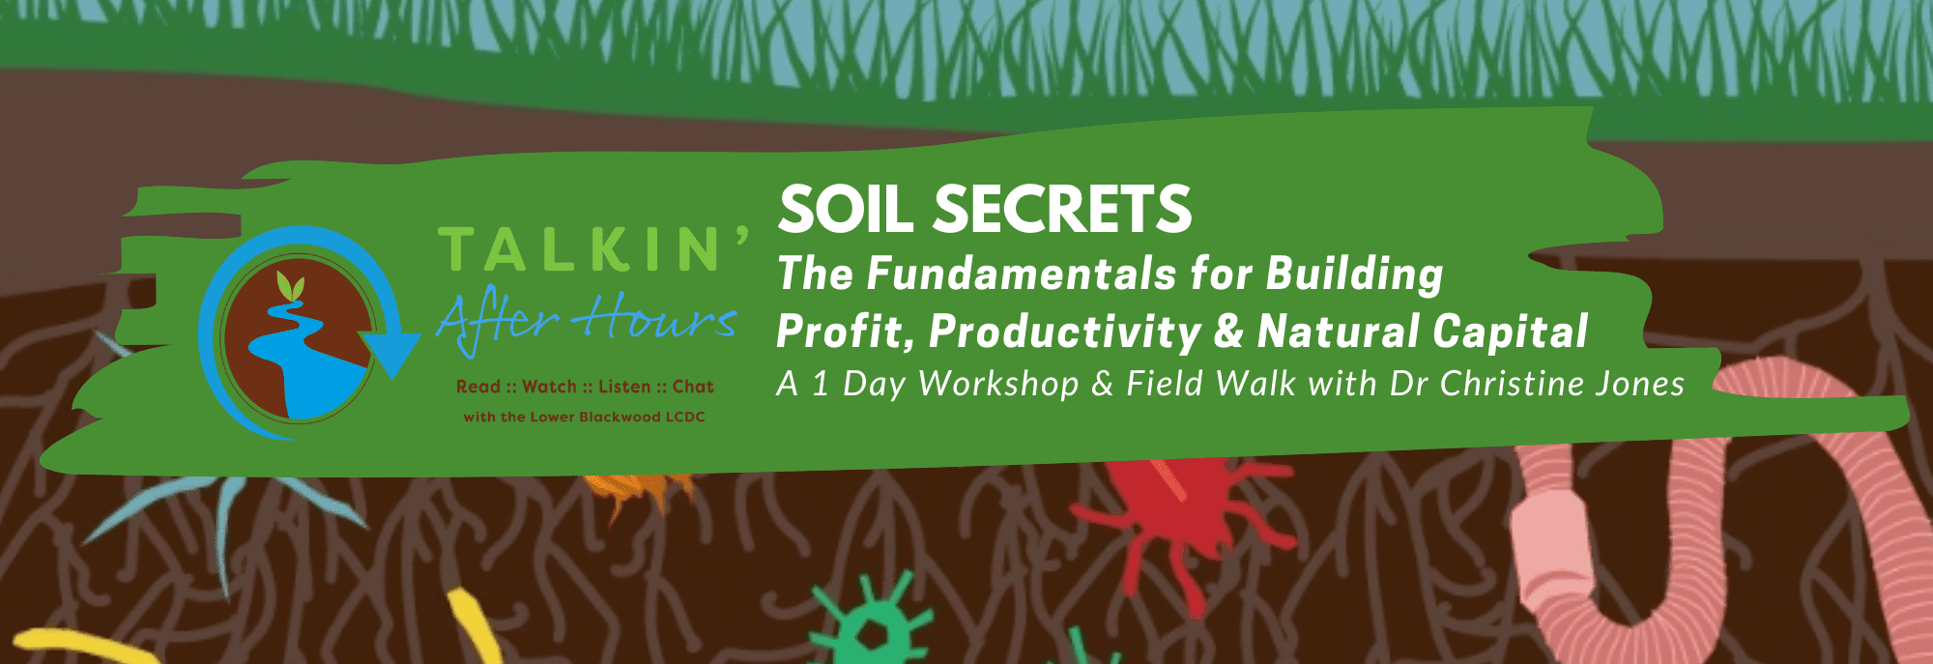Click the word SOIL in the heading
pyautogui.click(x=844, y=210)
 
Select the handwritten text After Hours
pyautogui.click(x=587, y=320)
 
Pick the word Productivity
pyautogui.click(x=1064, y=332)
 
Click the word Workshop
pyautogui.click(x=998, y=384)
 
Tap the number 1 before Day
pyautogui.click(x=821, y=384)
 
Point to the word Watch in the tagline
pyautogui.click(x=549, y=387)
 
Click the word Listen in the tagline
pyautogui.click(x=624, y=387)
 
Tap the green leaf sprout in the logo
pyautogui.click(x=290, y=287)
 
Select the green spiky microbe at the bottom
pyautogui.click(x=874, y=623)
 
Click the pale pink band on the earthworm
pyautogui.click(x=1552, y=541)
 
